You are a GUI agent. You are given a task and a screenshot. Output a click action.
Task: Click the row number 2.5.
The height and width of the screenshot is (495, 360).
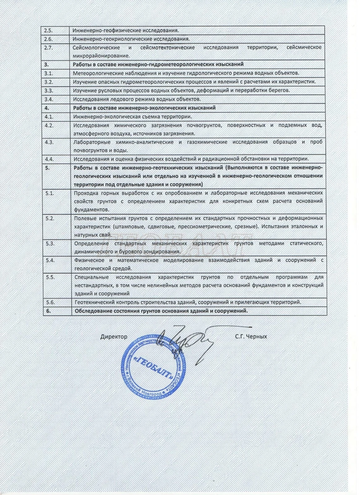coord(49,31)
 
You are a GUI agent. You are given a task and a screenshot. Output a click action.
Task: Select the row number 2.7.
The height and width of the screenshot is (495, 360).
coord(49,48)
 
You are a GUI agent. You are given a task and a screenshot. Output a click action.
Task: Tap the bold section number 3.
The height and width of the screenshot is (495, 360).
coord(46,65)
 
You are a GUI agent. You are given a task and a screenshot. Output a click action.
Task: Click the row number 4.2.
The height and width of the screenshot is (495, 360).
coord(49,125)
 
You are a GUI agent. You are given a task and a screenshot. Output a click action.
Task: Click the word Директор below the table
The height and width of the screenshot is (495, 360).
coord(114,337)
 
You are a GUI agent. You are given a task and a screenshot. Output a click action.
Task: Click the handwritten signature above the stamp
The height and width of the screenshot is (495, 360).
coord(186,339)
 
